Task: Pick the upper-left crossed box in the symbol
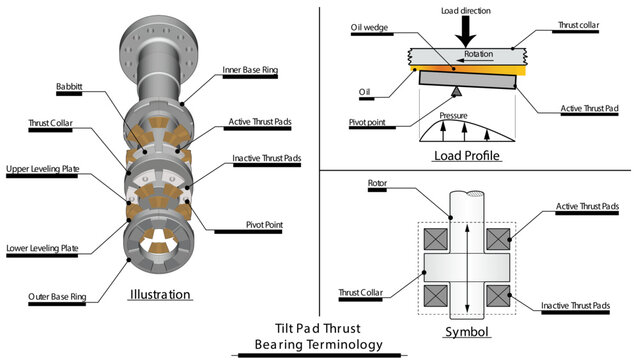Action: tap(436, 240)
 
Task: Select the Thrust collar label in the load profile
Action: tap(578, 31)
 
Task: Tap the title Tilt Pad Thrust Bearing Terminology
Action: tap(319, 335)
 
